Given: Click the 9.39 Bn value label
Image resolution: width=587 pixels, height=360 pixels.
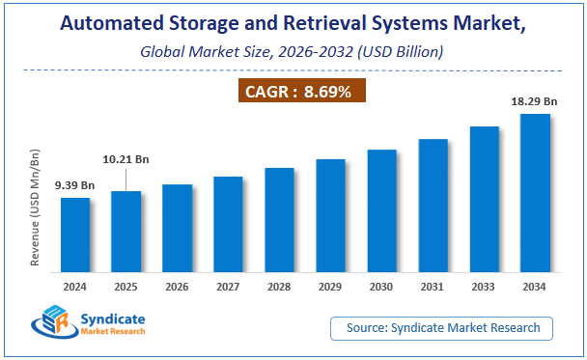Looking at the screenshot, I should [x=74, y=184].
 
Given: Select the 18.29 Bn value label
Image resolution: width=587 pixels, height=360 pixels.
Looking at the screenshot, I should [x=533, y=99].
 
